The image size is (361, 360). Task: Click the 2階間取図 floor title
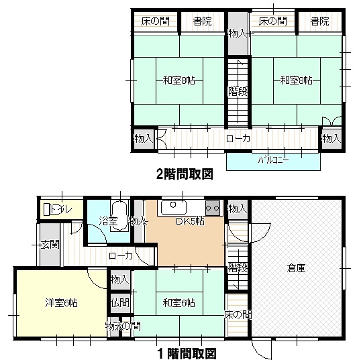(185, 174)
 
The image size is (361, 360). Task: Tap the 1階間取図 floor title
(187, 353)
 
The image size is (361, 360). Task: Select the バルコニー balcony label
(273, 160)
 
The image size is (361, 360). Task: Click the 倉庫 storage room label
(297, 268)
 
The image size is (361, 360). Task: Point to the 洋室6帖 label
(61, 303)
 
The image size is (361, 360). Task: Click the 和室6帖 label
(179, 303)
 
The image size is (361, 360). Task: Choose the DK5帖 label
(190, 221)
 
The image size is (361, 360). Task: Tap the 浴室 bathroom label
(108, 221)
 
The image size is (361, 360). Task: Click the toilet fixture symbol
(47, 209)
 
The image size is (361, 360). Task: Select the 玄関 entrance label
(50, 245)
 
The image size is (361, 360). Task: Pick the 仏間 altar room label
(120, 303)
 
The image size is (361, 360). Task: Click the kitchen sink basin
(174, 207)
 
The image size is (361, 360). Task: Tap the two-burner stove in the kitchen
(213, 208)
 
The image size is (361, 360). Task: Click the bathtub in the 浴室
(119, 216)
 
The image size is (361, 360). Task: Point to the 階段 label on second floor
(238, 92)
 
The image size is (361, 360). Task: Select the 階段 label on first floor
(238, 268)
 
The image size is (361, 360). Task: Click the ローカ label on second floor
(238, 139)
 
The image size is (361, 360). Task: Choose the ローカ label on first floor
(121, 256)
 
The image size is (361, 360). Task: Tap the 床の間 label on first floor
(238, 314)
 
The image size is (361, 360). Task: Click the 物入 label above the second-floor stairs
(237, 34)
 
